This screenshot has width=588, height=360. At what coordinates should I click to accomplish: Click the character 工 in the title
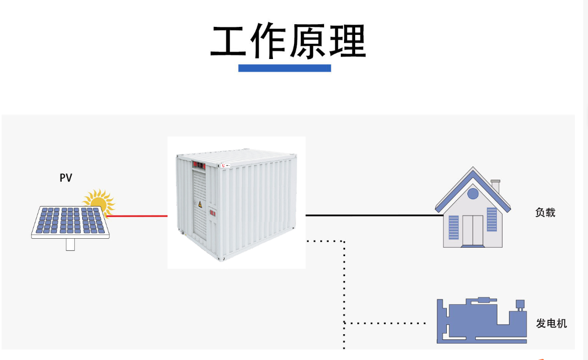(x=229, y=42)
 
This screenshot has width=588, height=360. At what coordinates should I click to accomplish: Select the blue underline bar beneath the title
(x=285, y=68)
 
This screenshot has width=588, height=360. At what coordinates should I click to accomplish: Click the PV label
(x=65, y=178)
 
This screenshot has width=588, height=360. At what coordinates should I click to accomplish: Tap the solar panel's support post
(x=71, y=245)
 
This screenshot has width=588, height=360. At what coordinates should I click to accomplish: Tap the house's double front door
(x=473, y=230)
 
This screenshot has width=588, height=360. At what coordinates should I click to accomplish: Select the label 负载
(x=545, y=213)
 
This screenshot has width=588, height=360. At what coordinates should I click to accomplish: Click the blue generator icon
(x=479, y=321)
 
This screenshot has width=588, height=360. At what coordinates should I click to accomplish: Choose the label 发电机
(x=552, y=323)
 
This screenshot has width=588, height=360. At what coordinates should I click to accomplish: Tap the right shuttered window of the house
(x=492, y=219)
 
